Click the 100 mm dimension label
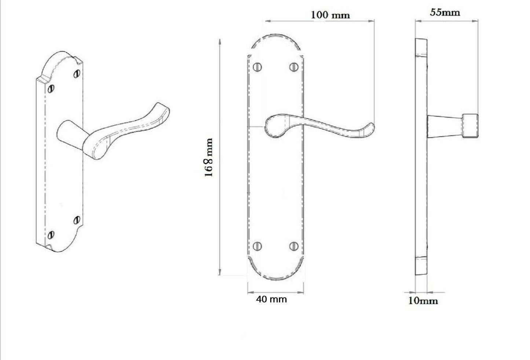point(330,15)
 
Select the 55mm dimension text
point(445,12)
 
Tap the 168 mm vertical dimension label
point(208,158)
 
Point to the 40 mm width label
point(271,299)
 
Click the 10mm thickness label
point(423,301)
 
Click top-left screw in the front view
point(257,67)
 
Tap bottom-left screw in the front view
point(257,245)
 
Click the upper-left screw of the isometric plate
point(51,88)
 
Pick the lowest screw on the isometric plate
point(51,235)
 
